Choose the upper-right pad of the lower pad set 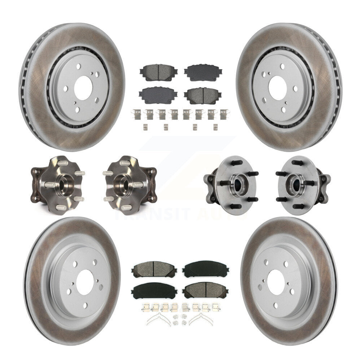pos(203,269)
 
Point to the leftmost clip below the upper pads pos(136,114)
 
